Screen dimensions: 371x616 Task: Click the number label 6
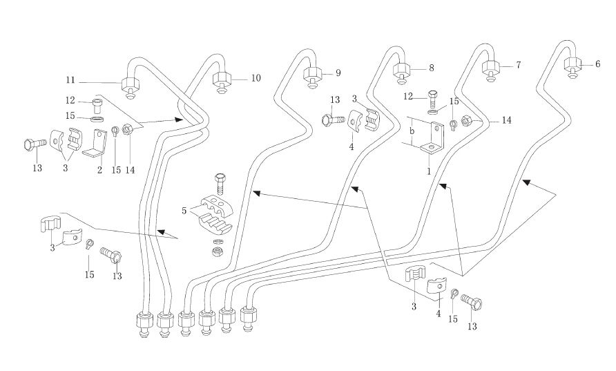598,64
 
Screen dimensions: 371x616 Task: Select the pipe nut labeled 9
311,75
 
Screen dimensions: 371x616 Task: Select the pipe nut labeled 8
402,70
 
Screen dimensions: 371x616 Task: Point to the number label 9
338,73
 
